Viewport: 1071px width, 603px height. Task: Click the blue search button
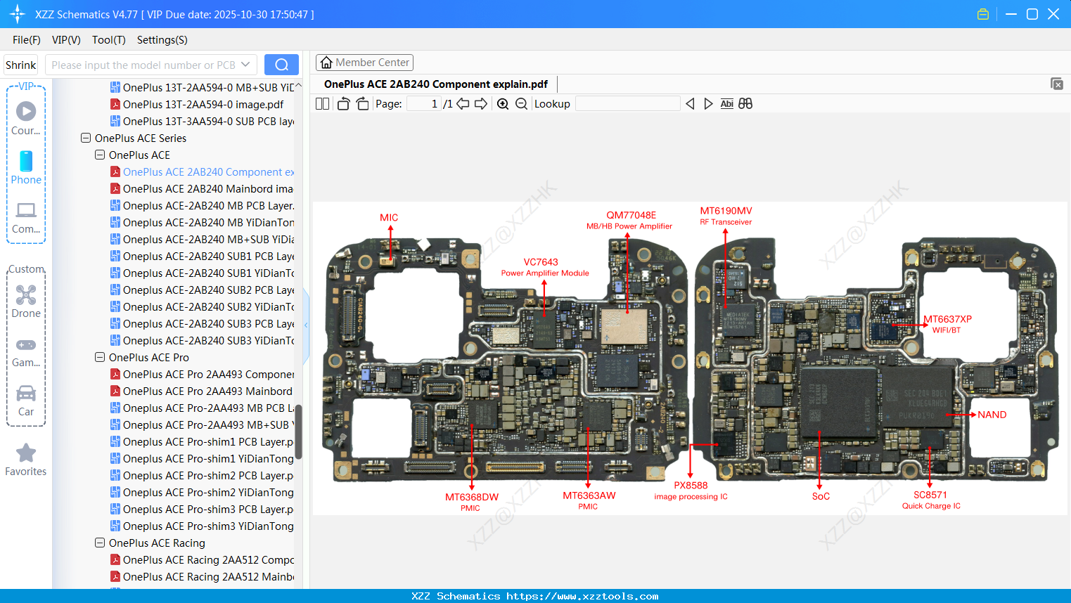[x=281, y=65]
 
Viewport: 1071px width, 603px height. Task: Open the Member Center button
[x=364, y=63]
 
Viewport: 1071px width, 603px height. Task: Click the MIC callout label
[x=389, y=218]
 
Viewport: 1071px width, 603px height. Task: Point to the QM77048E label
[x=631, y=215]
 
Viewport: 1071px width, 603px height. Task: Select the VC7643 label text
[x=541, y=262]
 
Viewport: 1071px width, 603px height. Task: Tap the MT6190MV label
[x=726, y=211]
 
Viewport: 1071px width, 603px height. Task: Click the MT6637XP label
[x=947, y=319]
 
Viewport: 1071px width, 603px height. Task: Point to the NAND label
[x=992, y=415]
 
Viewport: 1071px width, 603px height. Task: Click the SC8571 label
[x=930, y=495]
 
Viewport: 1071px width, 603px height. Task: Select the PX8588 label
[x=691, y=486]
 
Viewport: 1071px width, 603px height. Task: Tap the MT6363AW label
[x=589, y=495]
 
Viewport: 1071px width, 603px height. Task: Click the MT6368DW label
[x=471, y=497]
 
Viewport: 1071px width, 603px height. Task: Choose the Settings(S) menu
[x=162, y=40]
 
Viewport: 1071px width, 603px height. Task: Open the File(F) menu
[x=27, y=40]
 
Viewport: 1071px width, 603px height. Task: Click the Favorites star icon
[x=26, y=453]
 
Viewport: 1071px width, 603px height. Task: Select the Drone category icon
[x=26, y=295]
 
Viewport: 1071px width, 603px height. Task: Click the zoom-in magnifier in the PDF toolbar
[x=503, y=104]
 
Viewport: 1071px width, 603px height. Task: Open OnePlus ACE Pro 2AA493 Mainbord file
[x=207, y=391]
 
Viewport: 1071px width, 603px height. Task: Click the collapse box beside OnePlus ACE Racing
[x=100, y=543]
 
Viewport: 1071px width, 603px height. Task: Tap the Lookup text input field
[x=627, y=104]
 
